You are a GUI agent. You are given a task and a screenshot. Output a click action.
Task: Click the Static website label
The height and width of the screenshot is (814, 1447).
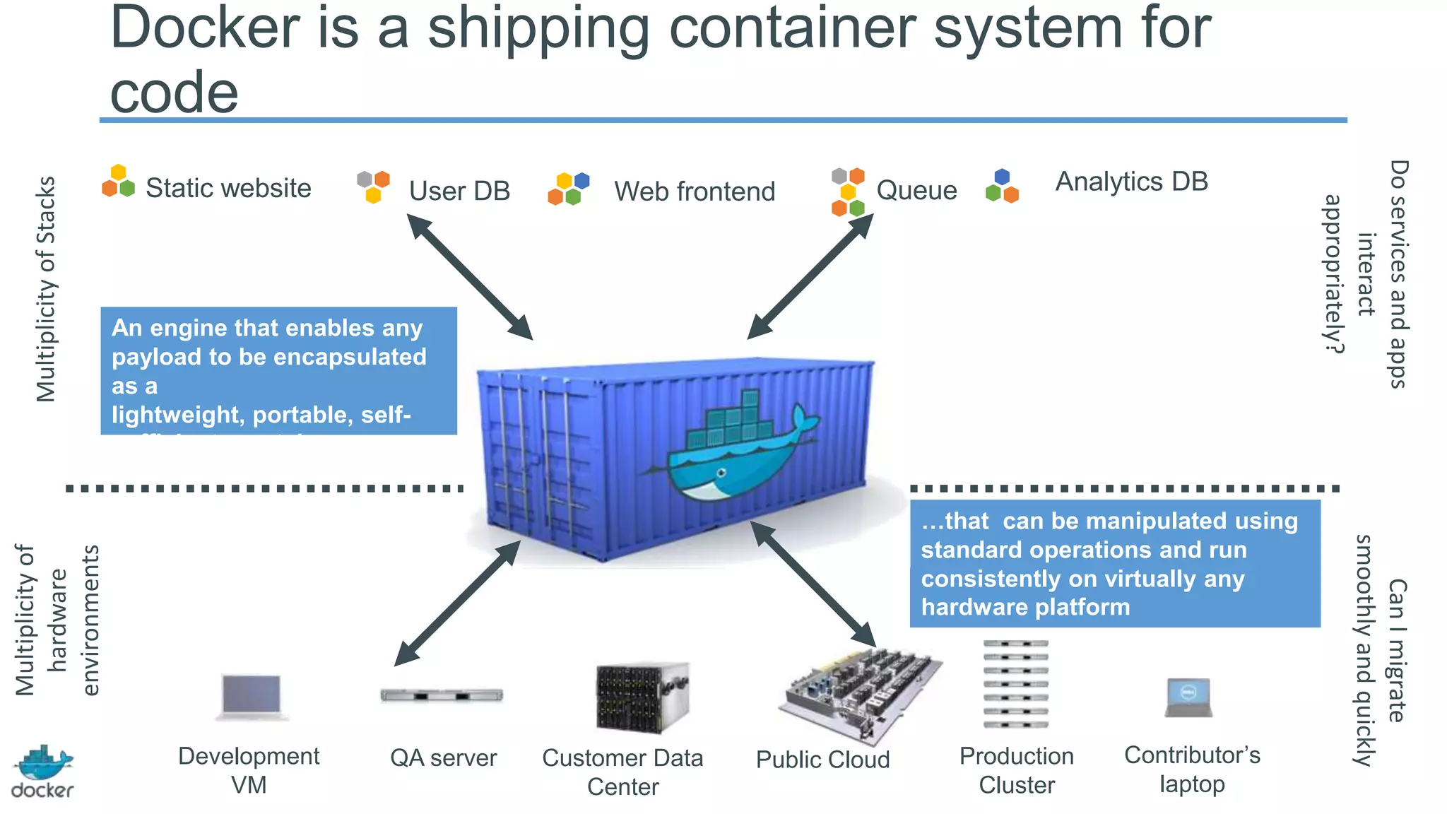coord(228,188)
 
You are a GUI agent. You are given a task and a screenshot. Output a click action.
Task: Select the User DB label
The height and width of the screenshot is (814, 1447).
coord(459,191)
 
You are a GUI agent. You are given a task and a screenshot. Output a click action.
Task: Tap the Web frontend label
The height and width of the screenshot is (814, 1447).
coord(694,191)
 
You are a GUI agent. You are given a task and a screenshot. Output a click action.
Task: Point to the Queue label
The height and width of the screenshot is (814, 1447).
coord(916,190)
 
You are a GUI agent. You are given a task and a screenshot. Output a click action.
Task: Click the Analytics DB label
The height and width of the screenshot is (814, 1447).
coord(1131,182)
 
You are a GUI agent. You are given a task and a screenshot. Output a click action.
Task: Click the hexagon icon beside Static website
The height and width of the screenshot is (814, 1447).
coord(118,182)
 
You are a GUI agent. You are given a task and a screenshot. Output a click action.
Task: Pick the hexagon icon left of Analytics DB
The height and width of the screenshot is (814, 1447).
coord(1002,187)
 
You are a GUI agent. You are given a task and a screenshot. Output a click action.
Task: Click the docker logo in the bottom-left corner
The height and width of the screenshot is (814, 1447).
coord(42,772)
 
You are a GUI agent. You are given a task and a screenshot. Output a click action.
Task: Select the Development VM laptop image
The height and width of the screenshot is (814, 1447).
coord(252,697)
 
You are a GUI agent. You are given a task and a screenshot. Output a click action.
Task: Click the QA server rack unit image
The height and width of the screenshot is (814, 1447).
coord(442,695)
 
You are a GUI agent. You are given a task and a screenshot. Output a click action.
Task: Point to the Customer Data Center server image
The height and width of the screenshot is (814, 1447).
coord(642,698)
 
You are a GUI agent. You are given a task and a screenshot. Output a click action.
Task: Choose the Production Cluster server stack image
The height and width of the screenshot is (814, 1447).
coord(1015,684)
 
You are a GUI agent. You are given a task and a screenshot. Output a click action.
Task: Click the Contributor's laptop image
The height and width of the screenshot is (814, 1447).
coord(1188,698)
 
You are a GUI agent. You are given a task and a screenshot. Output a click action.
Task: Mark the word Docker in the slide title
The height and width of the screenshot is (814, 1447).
coord(205,28)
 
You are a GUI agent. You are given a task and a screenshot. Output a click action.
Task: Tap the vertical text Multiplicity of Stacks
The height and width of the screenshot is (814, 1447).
coord(46,290)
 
